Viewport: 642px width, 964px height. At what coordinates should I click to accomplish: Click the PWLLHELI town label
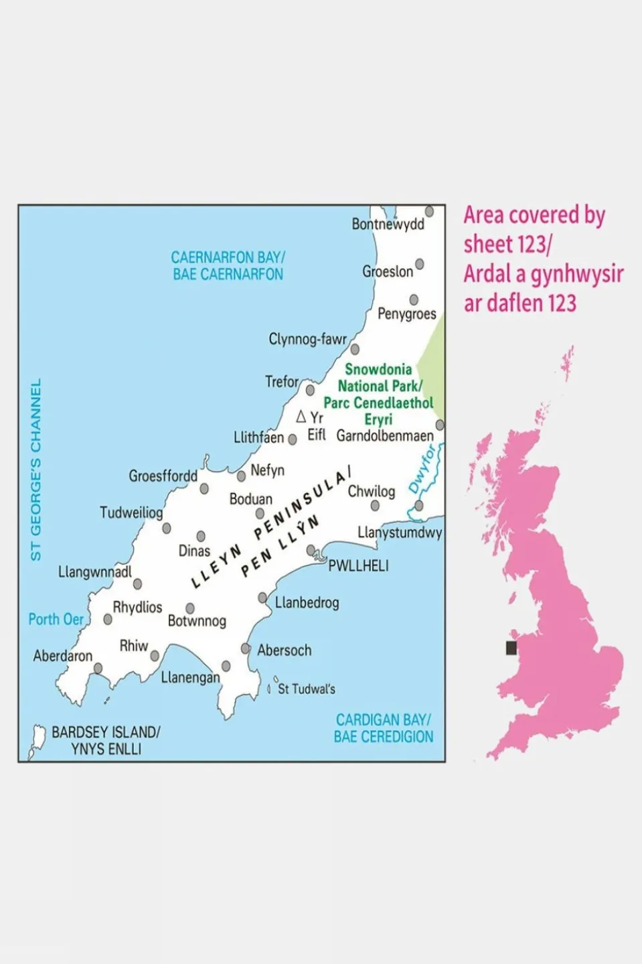click(358, 566)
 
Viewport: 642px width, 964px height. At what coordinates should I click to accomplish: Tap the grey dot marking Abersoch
click(246, 648)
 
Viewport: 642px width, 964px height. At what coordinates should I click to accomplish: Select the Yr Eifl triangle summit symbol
click(301, 417)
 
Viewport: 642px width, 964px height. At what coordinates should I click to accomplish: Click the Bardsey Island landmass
click(37, 740)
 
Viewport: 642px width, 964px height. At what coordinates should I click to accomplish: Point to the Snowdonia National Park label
click(379, 394)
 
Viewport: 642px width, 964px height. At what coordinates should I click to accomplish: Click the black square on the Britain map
click(511, 648)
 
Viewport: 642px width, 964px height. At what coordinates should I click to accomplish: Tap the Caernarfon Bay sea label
click(228, 266)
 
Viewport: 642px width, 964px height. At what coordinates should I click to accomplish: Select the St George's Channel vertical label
click(36, 469)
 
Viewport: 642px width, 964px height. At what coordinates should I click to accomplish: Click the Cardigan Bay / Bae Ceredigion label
click(384, 728)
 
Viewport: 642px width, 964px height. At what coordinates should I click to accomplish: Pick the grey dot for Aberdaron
click(98, 668)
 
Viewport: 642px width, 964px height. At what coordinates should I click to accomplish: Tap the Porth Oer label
click(56, 619)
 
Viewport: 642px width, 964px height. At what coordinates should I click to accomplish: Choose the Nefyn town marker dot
click(241, 476)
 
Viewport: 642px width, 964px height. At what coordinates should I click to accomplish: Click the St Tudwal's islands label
click(306, 689)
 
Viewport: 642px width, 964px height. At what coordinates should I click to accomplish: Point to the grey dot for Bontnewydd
click(430, 212)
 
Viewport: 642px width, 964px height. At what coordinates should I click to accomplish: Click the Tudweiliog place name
click(131, 512)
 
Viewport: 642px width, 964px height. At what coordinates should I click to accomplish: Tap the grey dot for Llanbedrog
click(263, 598)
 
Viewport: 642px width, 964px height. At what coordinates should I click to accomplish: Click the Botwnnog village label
click(197, 621)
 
